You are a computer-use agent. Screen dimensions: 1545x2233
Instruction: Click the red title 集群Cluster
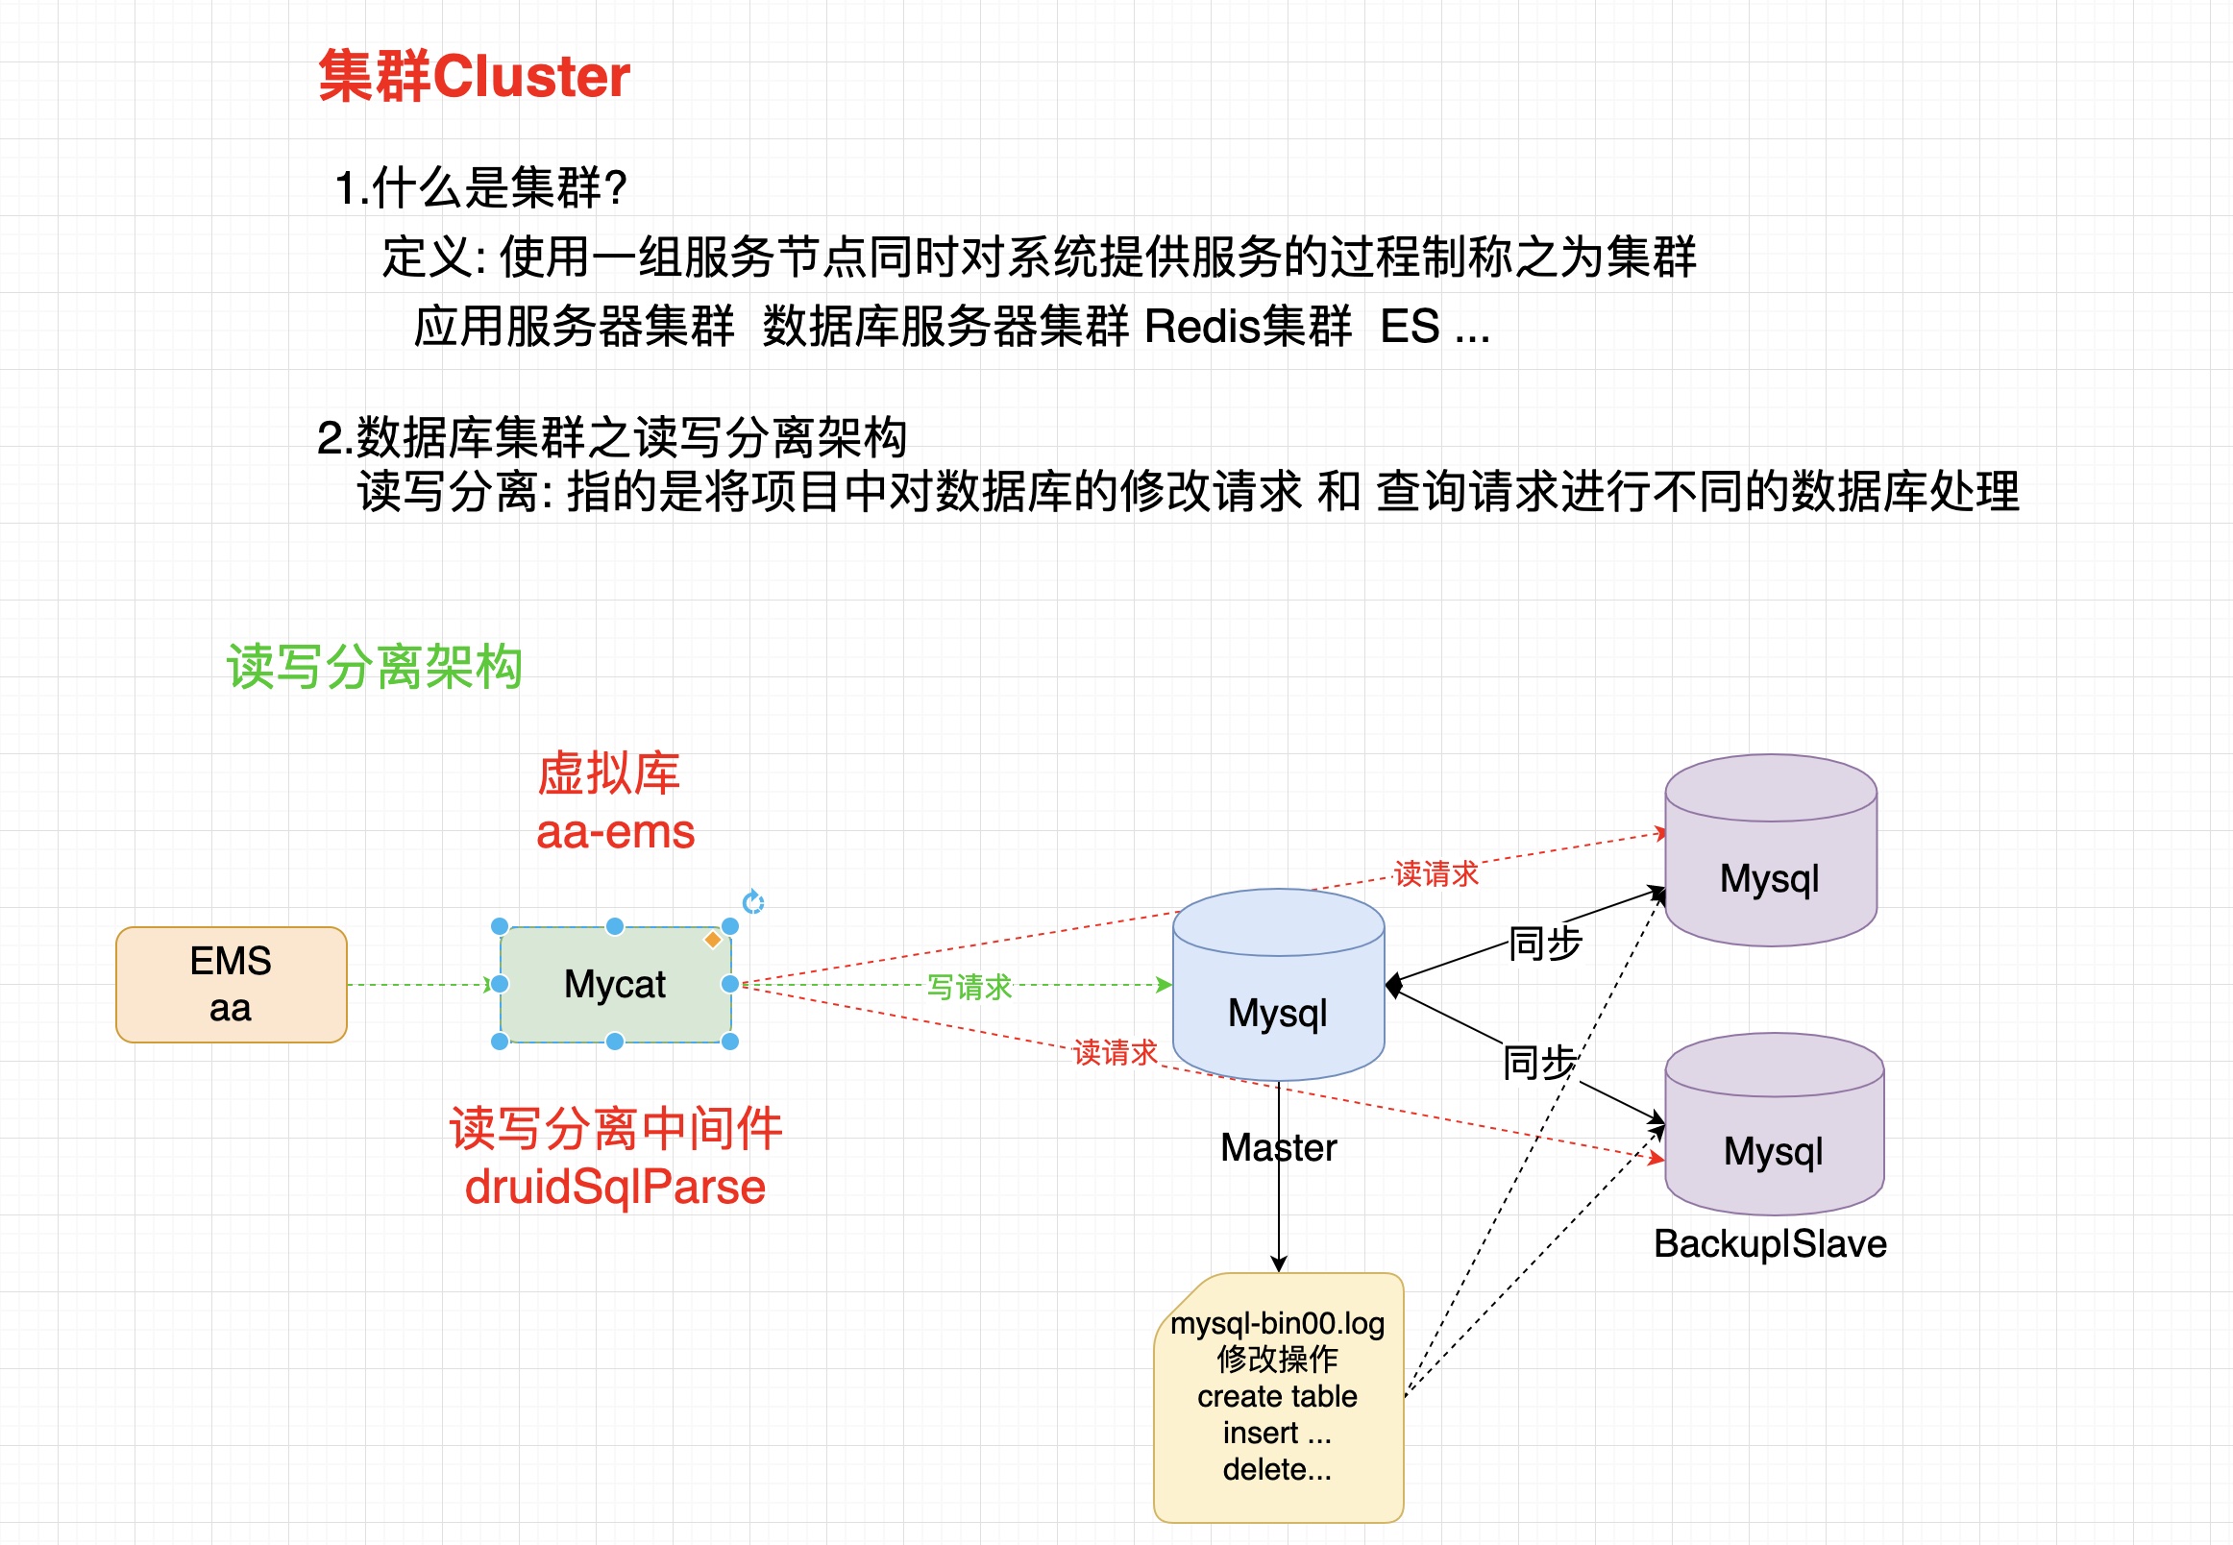tap(474, 77)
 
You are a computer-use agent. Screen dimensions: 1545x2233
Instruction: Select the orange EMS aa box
tap(231, 985)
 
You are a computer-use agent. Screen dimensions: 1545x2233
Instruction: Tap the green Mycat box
tap(615, 985)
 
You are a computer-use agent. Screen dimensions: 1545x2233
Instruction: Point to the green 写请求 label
tap(969, 987)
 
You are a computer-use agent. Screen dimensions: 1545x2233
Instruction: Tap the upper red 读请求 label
tap(1435, 873)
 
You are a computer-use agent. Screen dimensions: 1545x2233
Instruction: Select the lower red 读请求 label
tap(1115, 1052)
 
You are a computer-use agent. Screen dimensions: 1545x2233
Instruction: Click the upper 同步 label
tap(1545, 943)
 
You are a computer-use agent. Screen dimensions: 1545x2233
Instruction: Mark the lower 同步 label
tap(1539, 1063)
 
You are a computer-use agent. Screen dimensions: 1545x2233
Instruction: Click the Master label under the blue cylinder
tap(1278, 1148)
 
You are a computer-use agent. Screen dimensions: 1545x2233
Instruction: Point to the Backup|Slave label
tap(1769, 1244)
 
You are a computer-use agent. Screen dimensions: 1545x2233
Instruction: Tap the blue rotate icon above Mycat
tap(753, 902)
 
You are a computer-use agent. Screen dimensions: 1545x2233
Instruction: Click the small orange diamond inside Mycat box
tap(712, 939)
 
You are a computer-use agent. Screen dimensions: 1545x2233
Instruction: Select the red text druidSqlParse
tap(615, 1187)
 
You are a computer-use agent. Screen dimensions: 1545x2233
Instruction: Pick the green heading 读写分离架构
tap(375, 667)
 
